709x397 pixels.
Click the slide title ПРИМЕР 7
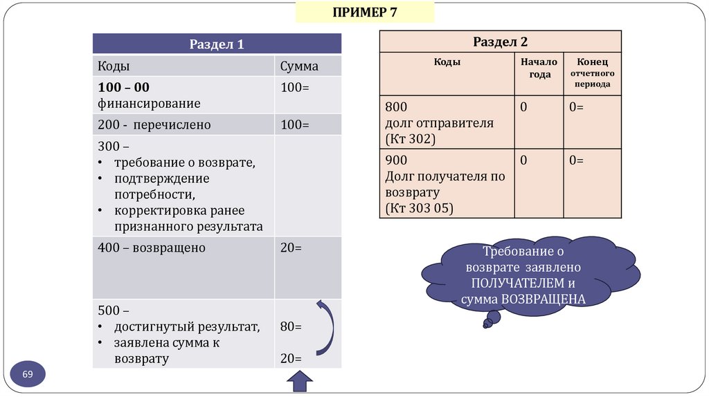tap(365, 12)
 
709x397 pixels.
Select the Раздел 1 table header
tap(217, 44)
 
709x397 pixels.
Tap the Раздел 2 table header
tap(500, 41)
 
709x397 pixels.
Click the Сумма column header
tap(299, 66)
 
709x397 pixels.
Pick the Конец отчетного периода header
tap(591, 73)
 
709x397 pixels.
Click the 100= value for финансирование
tap(294, 88)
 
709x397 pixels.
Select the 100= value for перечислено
tap(294, 125)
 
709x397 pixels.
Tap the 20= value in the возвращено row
tap(291, 248)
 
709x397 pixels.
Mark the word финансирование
tap(149, 104)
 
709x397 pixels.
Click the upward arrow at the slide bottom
tap(300, 382)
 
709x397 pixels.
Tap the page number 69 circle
tap(28, 374)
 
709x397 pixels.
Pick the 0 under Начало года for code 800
tap(524, 107)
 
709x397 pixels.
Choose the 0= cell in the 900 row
tap(576, 160)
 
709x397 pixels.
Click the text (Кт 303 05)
tap(419, 207)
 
